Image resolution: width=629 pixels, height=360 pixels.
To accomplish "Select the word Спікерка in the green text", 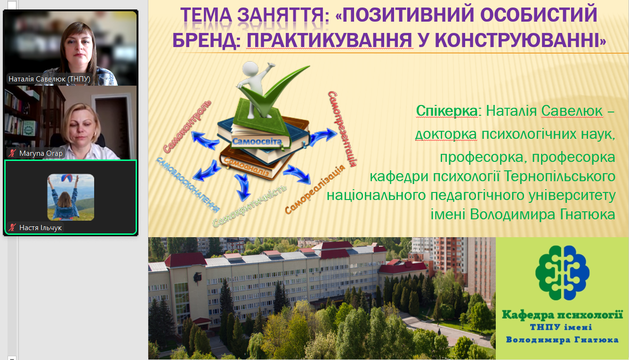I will pyautogui.click(x=446, y=111).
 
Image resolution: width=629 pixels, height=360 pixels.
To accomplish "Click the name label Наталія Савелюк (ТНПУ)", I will pyautogui.click(x=49, y=79).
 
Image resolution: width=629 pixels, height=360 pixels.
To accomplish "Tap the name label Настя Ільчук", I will pyautogui.click(x=40, y=228).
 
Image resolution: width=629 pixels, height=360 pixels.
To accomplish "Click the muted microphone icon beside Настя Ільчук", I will pyautogui.click(x=12, y=228).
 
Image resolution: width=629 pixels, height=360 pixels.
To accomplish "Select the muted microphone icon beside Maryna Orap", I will pyautogui.click(x=12, y=153).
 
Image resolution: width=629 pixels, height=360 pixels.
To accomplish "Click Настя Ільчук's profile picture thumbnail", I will pyautogui.click(x=71, y=197).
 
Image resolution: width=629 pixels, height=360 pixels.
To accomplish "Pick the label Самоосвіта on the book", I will pyautogui.click(x=257, y=141).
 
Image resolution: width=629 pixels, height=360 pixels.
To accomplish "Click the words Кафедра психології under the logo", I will pyautogui.click(x=562, y=315).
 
